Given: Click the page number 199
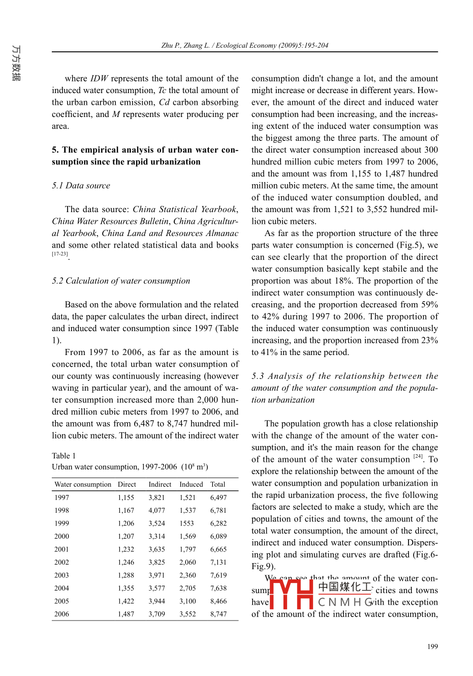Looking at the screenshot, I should coord(432,646).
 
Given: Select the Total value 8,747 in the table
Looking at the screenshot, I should coord(218,614).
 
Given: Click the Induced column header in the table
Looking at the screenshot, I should coord(191,485).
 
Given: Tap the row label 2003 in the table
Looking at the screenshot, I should coord(62,575).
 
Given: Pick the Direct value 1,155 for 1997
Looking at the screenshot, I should coord(126,497).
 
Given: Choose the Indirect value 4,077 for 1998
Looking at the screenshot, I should coord(156,510).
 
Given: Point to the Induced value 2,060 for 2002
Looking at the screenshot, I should coord(187,562).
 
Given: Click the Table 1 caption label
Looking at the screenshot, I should coord(64,456).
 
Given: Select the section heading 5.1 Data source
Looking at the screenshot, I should coord(81,186).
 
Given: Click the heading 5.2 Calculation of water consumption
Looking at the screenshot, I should coord(121,281).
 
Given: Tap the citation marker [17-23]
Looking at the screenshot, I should coord(60,254).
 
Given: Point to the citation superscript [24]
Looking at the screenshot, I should coord(418,457).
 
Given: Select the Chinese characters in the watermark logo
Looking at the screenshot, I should coord(345,587).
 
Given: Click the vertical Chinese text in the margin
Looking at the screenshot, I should coord(16,63).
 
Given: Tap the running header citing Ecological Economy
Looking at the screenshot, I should coord(244,45).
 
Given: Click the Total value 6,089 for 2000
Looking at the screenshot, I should coord(218,536).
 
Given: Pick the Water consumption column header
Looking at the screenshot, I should coord(83,485).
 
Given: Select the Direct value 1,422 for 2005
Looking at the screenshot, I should coord(126,601).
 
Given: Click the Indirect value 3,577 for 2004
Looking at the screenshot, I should coord(156,588).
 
